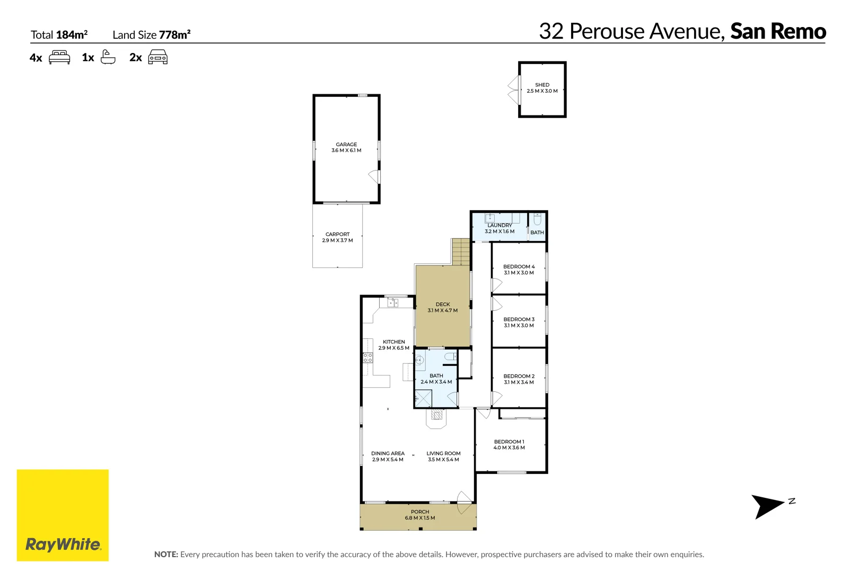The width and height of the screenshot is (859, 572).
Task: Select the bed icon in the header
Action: pyautogui.click(x=59, y=57)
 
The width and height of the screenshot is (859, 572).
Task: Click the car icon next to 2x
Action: pyautogui.click(x=157, y=57)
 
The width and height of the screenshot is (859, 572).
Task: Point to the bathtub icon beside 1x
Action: pyautogui.click(x=108, y=57)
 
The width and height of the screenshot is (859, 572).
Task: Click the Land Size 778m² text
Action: pyautogui.click(x=151, y=35)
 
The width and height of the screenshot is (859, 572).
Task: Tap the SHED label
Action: pyautogui.click(x=542, y=85)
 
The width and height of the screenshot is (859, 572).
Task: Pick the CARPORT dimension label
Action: pyautogui.click(x=337, y=240)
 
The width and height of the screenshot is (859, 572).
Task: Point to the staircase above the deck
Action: pyautogui.click(x=461, y=252)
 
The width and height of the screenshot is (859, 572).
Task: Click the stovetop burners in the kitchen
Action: pyautogui.click(x=367, y=358)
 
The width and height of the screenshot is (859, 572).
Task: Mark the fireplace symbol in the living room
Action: pyautogui.click(x=436, y=417)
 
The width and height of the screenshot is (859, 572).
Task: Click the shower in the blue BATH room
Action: pyautogui.click(x=423, y=398)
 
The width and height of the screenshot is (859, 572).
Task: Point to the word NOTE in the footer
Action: pyautogui.click(x=166, y=555)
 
